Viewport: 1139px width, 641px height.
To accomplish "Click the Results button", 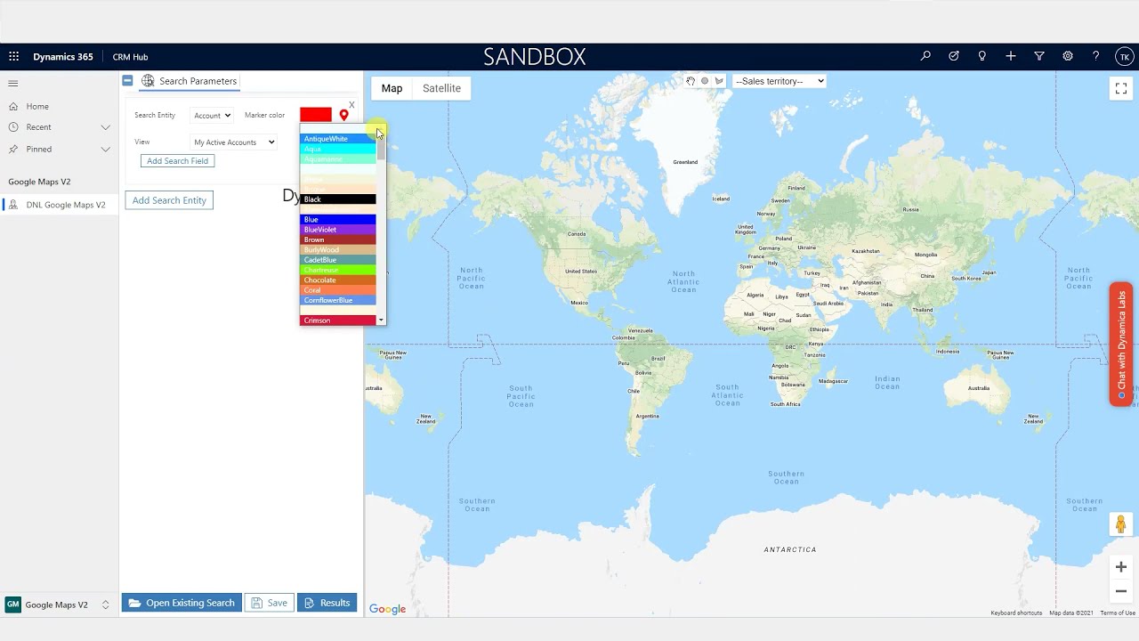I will click(x=327, y=603).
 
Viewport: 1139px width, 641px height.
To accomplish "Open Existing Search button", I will click(x=182, y=603).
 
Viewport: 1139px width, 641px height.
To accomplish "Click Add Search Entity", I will click(x=169, y=200).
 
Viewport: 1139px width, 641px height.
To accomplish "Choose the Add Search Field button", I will click(x=177, y=161).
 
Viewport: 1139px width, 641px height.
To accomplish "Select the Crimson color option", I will click(x=337, y=320).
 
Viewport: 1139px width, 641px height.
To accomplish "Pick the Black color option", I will click(x=337, y=199).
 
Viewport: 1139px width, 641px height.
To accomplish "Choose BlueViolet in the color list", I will click(x=337, y=230).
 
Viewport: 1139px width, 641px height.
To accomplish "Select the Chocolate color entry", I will click(x=337, y=280).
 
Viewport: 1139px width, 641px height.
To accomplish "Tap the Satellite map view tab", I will click(x=441, y=88).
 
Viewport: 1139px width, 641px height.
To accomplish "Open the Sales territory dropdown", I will click(x=779, y=81).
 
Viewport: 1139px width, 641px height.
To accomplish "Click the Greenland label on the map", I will click(x=685, y=162).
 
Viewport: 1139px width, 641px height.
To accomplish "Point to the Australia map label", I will click(x=979, y=388).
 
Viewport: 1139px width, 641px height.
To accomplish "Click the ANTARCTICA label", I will click(x=790, y=549).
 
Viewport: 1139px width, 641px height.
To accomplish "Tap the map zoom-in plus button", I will click(x=1121, y=567).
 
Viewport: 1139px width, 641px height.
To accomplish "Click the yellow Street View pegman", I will click(x=1121, y=525).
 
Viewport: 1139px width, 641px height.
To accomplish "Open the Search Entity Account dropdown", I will click(x=213, y=115).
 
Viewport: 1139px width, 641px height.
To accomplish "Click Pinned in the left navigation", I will click(x=39, y=149).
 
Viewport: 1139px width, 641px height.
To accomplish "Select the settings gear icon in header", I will click(x=1068, y=56).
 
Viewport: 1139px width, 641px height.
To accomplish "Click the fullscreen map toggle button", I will click(x=1121, y=88).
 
